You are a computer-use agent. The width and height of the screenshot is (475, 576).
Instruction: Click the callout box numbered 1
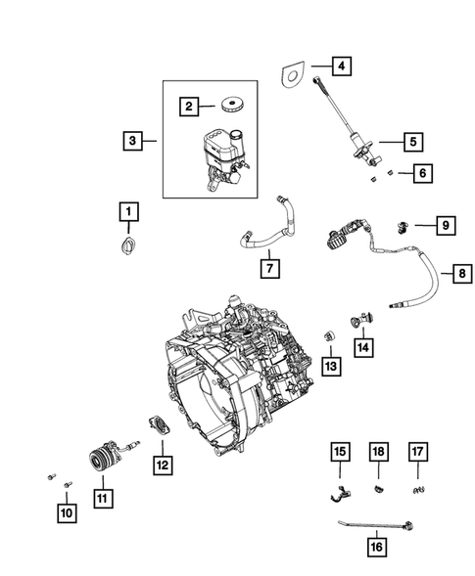(x=128, y=210)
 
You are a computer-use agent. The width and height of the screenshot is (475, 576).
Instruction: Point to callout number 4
(x=340, y=67)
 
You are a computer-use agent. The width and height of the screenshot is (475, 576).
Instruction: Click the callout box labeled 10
(x=67, y=512)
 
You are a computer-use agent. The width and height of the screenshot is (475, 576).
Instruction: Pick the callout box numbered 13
(x=330, y=365)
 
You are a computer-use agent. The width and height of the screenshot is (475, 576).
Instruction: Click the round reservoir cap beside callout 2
(x=233, y=105)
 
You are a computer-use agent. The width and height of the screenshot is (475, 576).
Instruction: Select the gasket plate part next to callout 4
(x=291, y=74)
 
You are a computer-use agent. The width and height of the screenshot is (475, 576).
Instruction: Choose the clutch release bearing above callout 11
(x=103, y=459)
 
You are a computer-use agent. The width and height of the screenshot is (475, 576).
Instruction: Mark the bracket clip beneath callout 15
(x=338, y=492)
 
